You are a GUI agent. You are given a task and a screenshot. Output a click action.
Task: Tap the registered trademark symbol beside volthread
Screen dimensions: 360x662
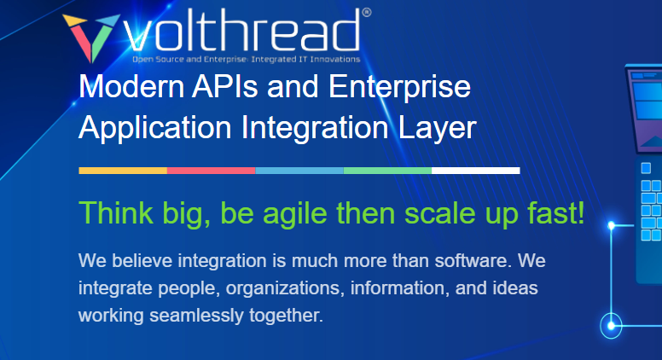click(366, 13)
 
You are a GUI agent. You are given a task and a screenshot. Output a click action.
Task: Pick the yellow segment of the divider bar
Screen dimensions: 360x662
click(123, 171)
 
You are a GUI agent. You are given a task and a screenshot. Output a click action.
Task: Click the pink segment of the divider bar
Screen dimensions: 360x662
click(211, 171)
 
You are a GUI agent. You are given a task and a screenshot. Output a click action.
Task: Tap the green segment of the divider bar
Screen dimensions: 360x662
click(387, 171)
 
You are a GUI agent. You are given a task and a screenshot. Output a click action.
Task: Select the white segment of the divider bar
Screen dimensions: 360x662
click(475, 171)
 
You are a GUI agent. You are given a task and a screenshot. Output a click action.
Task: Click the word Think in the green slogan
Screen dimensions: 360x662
click(111, 212)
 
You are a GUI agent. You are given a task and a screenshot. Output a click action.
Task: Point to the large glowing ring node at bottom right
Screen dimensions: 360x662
click(612, 324)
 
